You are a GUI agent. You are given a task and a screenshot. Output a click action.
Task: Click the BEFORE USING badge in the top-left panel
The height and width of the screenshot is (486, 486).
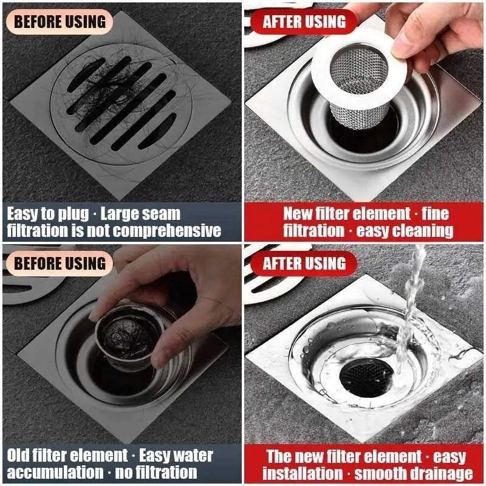pos(59,21)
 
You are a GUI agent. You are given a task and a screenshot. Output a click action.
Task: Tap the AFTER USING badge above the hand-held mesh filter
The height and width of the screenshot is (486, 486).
pos(304,22)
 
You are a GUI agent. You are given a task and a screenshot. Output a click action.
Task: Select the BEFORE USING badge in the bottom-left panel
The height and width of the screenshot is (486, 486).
pos(59,263)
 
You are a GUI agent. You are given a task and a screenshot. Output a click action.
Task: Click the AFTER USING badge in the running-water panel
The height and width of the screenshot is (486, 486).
pos(304,264)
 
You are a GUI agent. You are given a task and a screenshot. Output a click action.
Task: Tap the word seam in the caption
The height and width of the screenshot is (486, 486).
pos(160,214)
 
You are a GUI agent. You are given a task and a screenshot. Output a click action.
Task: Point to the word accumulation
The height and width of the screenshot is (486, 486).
pos(53,473)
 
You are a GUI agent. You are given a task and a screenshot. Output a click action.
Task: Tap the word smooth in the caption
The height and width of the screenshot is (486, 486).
pos(375,473)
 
